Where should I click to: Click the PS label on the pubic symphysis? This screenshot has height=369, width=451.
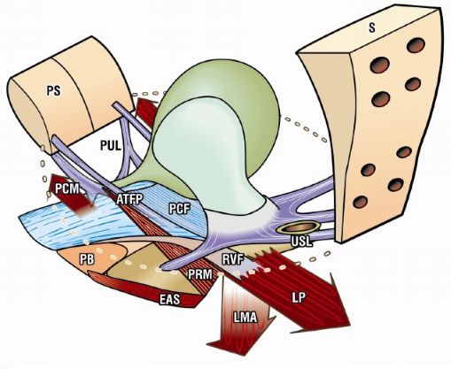coord(54,91)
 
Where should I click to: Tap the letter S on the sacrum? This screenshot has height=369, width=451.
coord(371,27)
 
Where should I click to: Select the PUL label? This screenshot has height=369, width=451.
coord(111,145)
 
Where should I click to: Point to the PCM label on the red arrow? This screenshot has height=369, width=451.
coord(67,188)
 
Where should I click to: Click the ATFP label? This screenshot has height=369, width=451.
coord(129,199)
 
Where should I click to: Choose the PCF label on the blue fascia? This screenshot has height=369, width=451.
coord(179,209)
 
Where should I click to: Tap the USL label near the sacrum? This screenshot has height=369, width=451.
coord(301,242)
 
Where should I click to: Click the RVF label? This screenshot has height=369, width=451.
coord(233,259)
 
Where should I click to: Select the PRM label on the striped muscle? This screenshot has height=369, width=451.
coord(200,274)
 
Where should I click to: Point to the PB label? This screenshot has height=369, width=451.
coord(87,259)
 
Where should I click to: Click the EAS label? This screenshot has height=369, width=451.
coord(169,299)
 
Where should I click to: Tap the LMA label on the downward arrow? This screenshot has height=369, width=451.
coord(245,318)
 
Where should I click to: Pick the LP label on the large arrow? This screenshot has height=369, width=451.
coord(299,297)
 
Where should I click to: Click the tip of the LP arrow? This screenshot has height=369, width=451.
coord(350,326)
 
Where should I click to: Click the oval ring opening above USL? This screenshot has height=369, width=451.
coord(299,227)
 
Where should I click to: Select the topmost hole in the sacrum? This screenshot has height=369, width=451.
coord(416,46)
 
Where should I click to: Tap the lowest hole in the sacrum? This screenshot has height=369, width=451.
coord(361,202)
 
